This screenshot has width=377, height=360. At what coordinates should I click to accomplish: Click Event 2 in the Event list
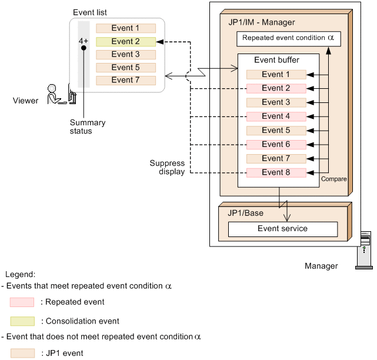point(126,42)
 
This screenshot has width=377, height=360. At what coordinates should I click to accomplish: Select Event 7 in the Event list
point(126,81)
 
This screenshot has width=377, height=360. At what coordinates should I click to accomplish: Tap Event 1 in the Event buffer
point(276,75)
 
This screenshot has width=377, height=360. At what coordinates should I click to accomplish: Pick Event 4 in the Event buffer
point(276,116)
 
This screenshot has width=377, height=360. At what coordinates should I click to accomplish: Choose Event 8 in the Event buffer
point(276,173)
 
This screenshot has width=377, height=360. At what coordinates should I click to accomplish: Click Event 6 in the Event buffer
point(276,145)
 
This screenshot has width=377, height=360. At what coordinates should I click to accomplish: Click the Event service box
point(282,229)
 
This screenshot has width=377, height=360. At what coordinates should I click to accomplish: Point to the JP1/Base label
point(246,213)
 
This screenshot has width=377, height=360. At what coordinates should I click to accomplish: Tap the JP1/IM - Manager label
point(261,22)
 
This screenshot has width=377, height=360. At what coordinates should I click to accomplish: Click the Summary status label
point(88,127)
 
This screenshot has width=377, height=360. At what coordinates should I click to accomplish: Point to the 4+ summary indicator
point(84,42)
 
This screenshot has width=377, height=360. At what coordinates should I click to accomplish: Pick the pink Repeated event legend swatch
point(21,302)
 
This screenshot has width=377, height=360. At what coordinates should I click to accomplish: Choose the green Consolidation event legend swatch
point(21,322)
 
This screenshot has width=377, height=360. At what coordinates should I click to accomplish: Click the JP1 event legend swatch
point(21,354)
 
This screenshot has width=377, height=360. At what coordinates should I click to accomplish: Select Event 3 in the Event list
point(126,55)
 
